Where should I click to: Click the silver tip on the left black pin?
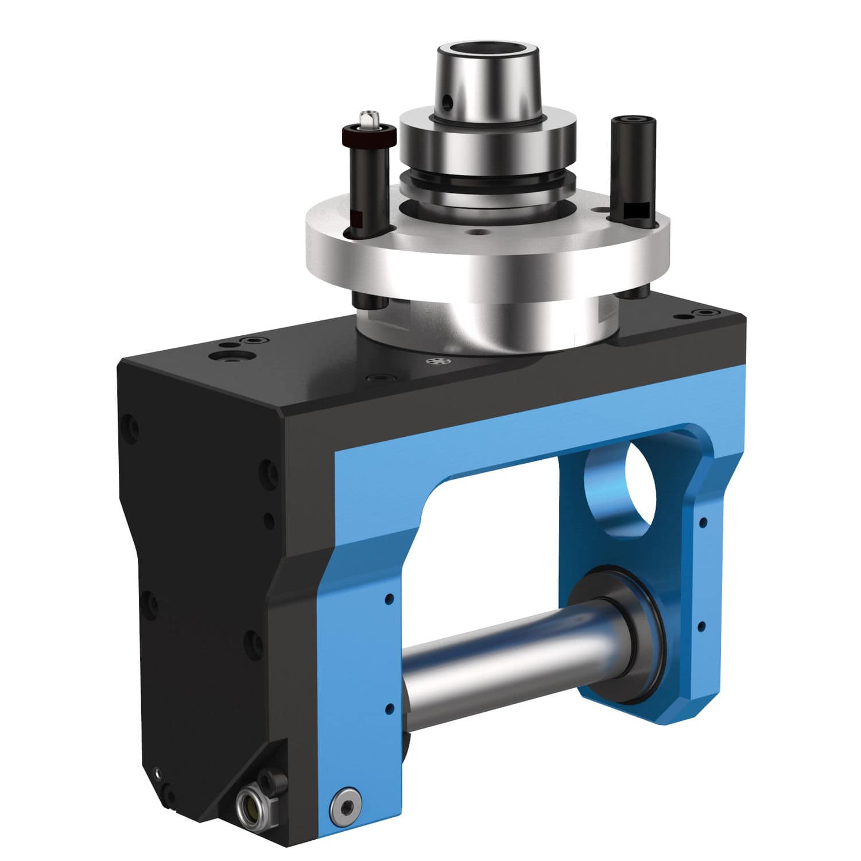coord(365,119)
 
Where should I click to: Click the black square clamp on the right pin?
coord(636,211)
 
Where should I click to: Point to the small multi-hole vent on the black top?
coord(439,362)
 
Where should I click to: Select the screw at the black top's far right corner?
coord(703,312)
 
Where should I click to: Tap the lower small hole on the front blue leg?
coord(390,708)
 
